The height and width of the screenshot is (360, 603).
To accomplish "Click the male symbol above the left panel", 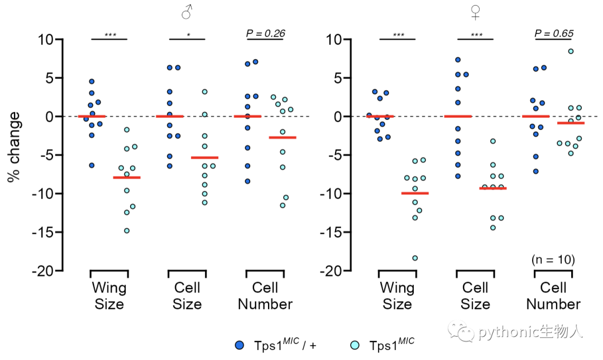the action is pyautogui.click(x=187, y=12).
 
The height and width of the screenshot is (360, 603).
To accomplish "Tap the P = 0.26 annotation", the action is pyautogui.click(x=265, y=33).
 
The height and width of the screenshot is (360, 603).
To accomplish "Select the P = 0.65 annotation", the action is pyautogui.click(x=554, y=33).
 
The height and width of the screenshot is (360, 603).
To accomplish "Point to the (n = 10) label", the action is pyautogui.click(x=553, y=260).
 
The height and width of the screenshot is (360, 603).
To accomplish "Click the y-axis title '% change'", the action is pyautogui.click(x=13, y=147).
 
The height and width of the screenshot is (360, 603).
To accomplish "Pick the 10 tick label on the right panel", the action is pyautogui.click(x=334, y=39).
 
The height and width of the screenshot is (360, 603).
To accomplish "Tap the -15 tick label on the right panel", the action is pyautogui.click(x=331, y=232).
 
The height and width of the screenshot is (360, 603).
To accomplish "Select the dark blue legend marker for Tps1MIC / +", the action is pyautogui.click(x=239, y=345).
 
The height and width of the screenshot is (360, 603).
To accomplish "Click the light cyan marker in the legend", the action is pyautogui.click(x=355, y=345).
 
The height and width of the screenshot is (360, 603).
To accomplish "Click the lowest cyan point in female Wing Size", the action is pyautogui.click(x=415, y=258).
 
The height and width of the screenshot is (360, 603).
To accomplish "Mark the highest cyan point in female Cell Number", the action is pyautogui.click(x=571, y=51).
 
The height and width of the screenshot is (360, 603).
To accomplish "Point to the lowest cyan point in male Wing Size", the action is pyautogui.click(x=127, y=231).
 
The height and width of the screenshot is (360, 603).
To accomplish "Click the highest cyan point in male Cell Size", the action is pyautogui.click(x=204, y=92).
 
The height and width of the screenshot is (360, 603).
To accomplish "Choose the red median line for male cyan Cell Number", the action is pyautogui.click(x=283, y=137).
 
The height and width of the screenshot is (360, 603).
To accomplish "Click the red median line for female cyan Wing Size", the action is pyautogui.click(x=415, y=193).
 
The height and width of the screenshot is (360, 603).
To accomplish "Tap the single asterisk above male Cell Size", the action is pyautogui.click(x=189, y=35).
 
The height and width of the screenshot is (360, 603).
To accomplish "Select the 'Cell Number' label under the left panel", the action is pyautogui.click(x=265, y=296).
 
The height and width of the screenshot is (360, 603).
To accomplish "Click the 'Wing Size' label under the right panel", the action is pyautogui.click(x=398, y=296).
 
